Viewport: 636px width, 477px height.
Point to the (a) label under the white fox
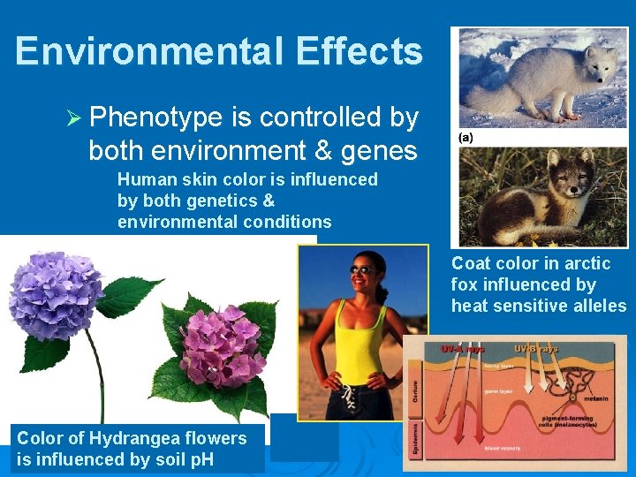(466, 138)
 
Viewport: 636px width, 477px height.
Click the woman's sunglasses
(362, 269)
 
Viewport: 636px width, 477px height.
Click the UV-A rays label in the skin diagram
(462, 347)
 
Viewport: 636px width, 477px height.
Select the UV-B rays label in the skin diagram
(536, 347)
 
